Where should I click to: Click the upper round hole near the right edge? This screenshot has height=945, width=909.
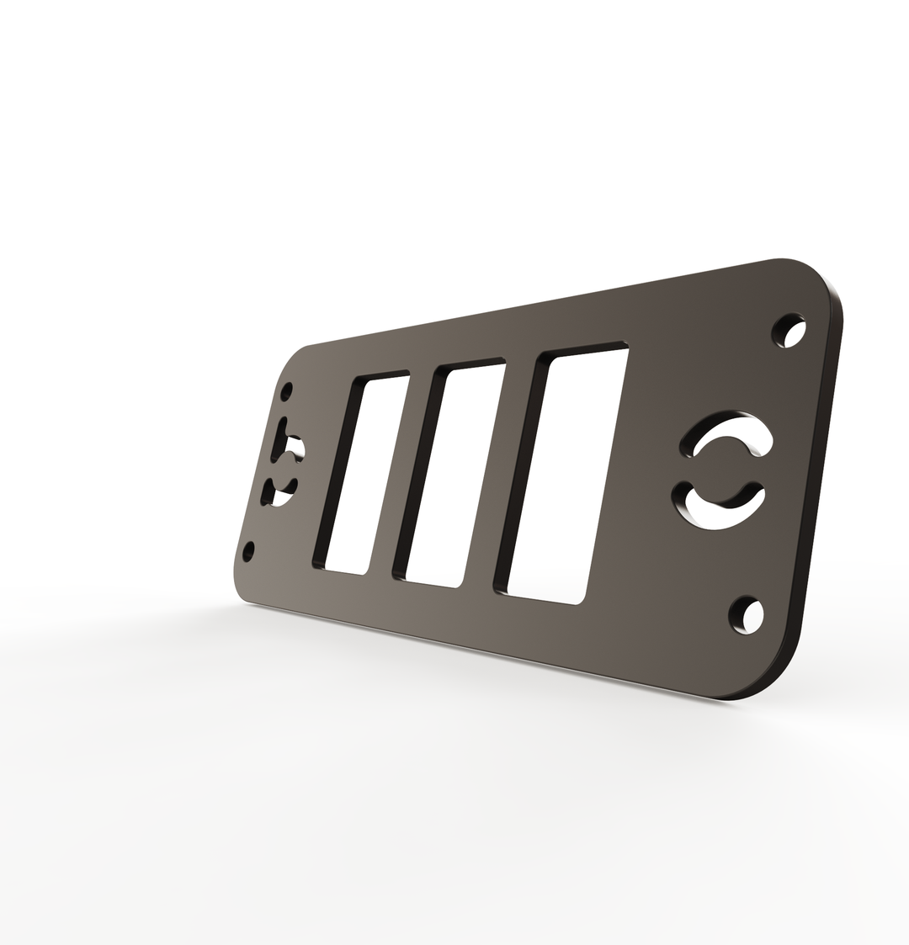point(789,331)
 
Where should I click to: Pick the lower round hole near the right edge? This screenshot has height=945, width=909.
point(747,614)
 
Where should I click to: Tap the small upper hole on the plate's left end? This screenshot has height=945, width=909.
point(287,392)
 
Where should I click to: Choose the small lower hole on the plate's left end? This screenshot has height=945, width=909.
point(248,552)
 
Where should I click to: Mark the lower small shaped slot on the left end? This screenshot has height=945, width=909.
point(279,493)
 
